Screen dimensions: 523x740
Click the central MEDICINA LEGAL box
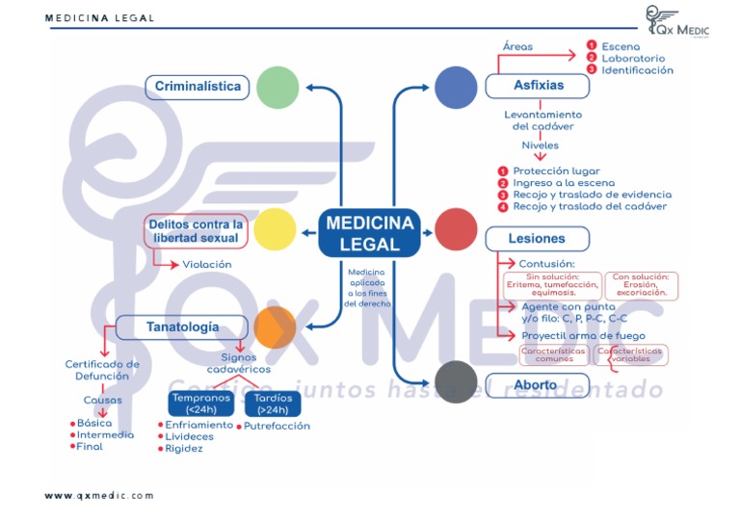point(369,233)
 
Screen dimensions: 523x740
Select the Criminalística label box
point(198,87)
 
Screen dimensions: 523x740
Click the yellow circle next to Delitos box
point(273,229)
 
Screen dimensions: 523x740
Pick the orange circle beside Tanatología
point(274,327)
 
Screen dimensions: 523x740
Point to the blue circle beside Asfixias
point(456,88)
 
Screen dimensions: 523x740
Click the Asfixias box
point(537,86)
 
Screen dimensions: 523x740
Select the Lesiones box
point(537,238)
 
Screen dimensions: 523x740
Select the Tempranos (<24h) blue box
point(200,403)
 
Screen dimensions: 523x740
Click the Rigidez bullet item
point(183,449)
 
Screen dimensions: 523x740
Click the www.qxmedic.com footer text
point(99,495)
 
